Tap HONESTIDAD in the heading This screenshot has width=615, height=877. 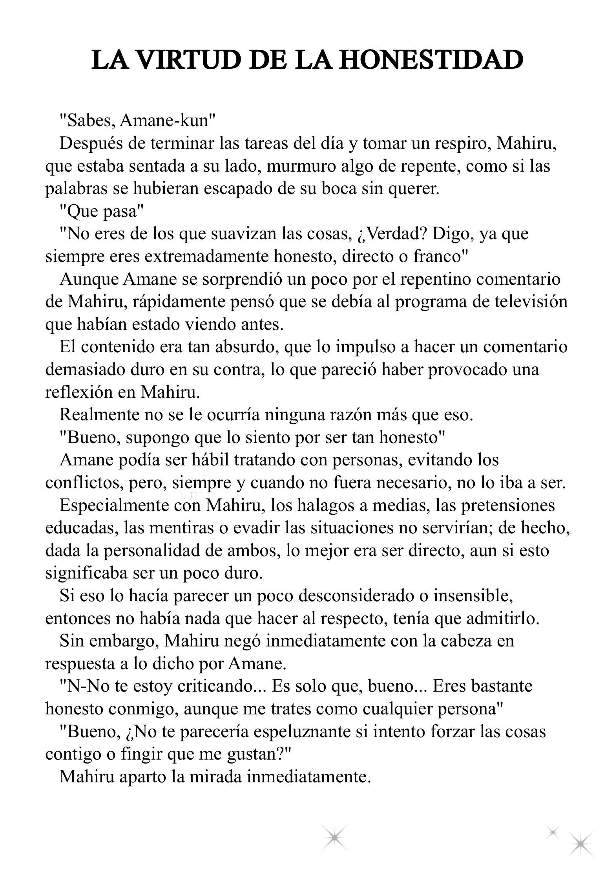430,60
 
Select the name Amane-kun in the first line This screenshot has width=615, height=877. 168,121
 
